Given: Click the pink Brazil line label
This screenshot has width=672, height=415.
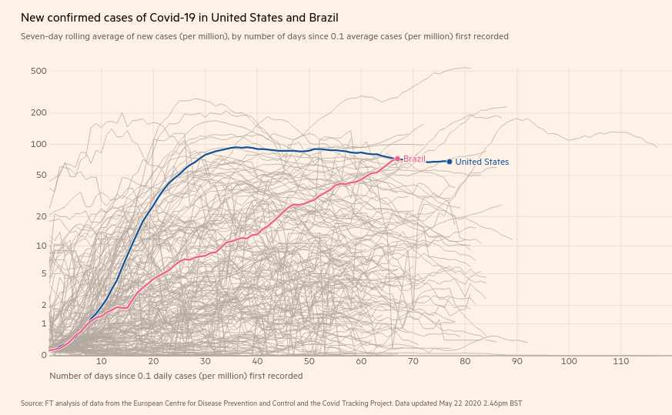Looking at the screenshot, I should click(414, 159).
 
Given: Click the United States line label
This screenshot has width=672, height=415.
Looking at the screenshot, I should click(482, 162).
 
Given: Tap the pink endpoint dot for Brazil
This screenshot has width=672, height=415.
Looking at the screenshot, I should click(398, 159).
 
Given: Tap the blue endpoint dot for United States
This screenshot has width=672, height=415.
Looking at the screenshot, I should click(450, 162).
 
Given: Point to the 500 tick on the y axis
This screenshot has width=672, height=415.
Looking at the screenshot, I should click(38, 72).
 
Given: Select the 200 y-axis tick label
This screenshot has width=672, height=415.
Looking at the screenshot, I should click(38, 113).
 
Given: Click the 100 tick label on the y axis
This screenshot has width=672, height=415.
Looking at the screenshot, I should click(38, 145).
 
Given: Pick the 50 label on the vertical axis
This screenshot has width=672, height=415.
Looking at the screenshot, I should click(42, 176).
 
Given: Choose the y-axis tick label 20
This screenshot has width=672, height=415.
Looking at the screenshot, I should click(42, 216).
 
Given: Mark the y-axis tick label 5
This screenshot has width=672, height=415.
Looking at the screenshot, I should click(44, 273).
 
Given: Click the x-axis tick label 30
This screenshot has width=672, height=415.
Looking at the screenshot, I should click(206, 362).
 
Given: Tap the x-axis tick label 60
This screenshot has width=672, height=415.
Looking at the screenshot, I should click(361, 362).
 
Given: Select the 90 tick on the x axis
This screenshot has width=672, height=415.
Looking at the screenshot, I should click(517, 362).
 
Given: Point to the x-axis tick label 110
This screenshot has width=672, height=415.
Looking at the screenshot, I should click(620, 362).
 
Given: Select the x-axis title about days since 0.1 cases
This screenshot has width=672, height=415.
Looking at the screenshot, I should click(176, 376).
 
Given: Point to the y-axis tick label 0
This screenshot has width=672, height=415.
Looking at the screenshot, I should click(44, 355).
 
